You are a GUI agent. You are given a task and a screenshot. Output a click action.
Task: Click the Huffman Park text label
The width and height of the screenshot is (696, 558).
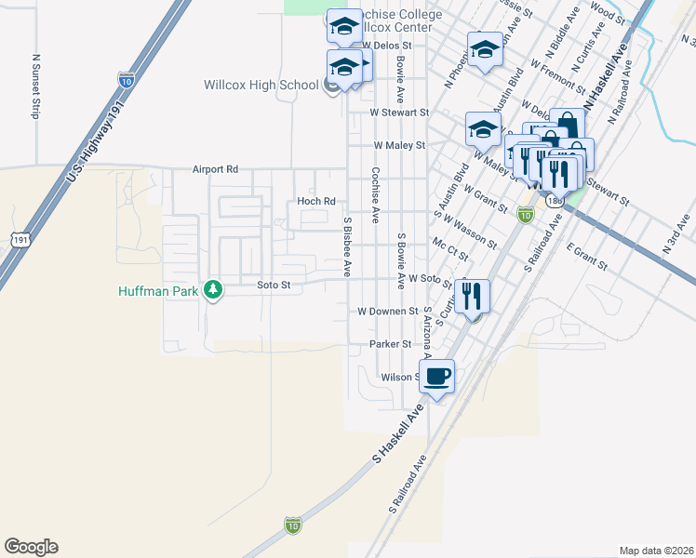coord(160,290)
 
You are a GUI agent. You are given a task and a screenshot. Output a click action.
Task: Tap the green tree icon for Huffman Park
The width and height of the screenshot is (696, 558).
coord(214,290)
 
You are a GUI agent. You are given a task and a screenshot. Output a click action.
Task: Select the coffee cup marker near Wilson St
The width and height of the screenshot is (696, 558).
coord(436,377)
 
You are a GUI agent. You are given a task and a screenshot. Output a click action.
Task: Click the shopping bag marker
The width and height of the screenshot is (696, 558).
coord(568,125)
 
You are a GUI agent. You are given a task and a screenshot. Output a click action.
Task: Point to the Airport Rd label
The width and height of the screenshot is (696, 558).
coord(216,169)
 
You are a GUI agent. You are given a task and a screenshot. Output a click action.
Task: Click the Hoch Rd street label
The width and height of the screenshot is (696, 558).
coord(315,201)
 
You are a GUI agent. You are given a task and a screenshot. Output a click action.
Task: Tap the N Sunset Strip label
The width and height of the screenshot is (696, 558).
coord(37,84)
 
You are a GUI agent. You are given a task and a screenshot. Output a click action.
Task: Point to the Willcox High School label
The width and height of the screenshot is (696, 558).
coord(261,86)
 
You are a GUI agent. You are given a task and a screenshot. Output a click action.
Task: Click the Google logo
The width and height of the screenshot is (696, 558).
coord(31,547)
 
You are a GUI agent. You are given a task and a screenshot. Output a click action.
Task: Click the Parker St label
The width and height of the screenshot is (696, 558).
coord(390,344)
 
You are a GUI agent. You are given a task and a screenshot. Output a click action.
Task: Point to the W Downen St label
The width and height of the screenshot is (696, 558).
coord(388,311)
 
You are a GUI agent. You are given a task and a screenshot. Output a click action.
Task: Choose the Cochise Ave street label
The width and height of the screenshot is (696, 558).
coord(375,194)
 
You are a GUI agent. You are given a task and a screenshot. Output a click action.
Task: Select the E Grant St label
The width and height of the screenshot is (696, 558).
coord(585,256)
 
